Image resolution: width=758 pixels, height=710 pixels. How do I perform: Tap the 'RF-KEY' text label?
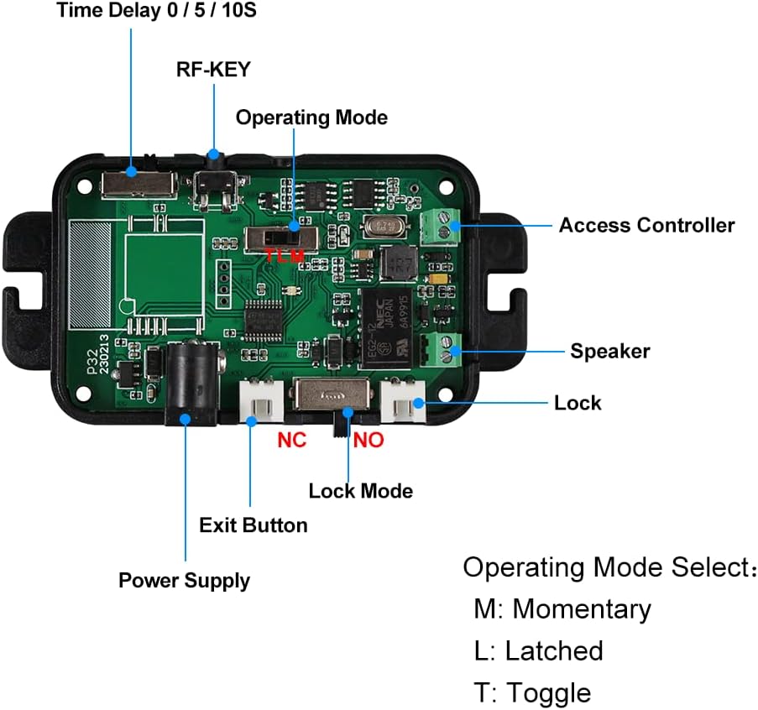(212, 69)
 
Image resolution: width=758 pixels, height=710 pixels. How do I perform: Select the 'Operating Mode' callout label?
(311, 117)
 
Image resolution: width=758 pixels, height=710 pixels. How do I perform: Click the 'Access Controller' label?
(646, 225)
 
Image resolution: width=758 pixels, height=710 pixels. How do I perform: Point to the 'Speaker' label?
(610, 351)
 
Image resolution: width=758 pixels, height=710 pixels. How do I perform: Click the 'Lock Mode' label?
(360, 490)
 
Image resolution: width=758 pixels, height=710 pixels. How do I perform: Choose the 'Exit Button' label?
(253, 525)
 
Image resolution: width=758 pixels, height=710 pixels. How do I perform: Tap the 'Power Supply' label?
(184, 580)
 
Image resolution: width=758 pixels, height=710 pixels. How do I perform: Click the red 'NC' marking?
(292, 439)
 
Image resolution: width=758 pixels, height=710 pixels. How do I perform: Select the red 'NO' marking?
(369, 439)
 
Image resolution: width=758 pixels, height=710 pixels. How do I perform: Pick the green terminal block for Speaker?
(442, 349)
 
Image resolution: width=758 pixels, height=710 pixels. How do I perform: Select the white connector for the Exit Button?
(261, 401)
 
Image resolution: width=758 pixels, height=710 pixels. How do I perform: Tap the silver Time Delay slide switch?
(139, 183)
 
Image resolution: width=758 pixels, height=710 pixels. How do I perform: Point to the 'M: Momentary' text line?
(562, 608)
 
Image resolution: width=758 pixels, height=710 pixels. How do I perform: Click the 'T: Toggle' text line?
(532, 693)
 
